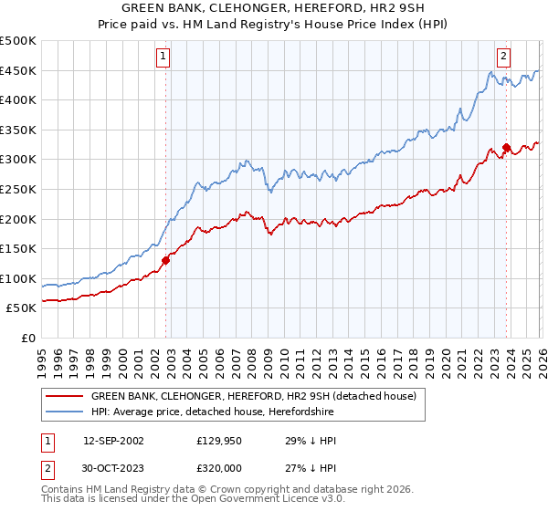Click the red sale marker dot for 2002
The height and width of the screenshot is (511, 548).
[x=165, y=260]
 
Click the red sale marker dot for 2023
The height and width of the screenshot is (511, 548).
[x=506, y=147]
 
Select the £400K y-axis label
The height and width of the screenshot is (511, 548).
[x=18, y=100]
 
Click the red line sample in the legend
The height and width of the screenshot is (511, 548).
[x=64, y=396]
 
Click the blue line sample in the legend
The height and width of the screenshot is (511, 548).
[x=64, y=412]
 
